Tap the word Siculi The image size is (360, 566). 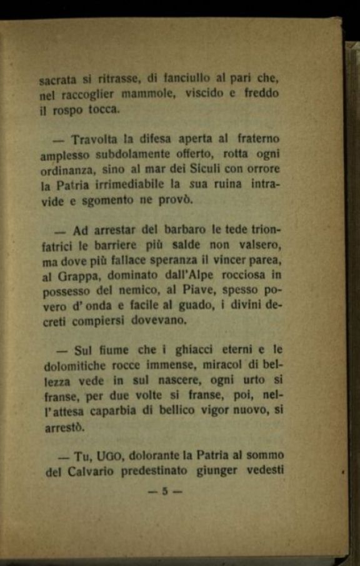click(x=193, y=169)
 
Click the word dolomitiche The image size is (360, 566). click(x=74, y=365)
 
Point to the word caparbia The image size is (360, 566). click(x=126, y=410)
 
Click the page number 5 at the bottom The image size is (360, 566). click(x=165, y=492)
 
